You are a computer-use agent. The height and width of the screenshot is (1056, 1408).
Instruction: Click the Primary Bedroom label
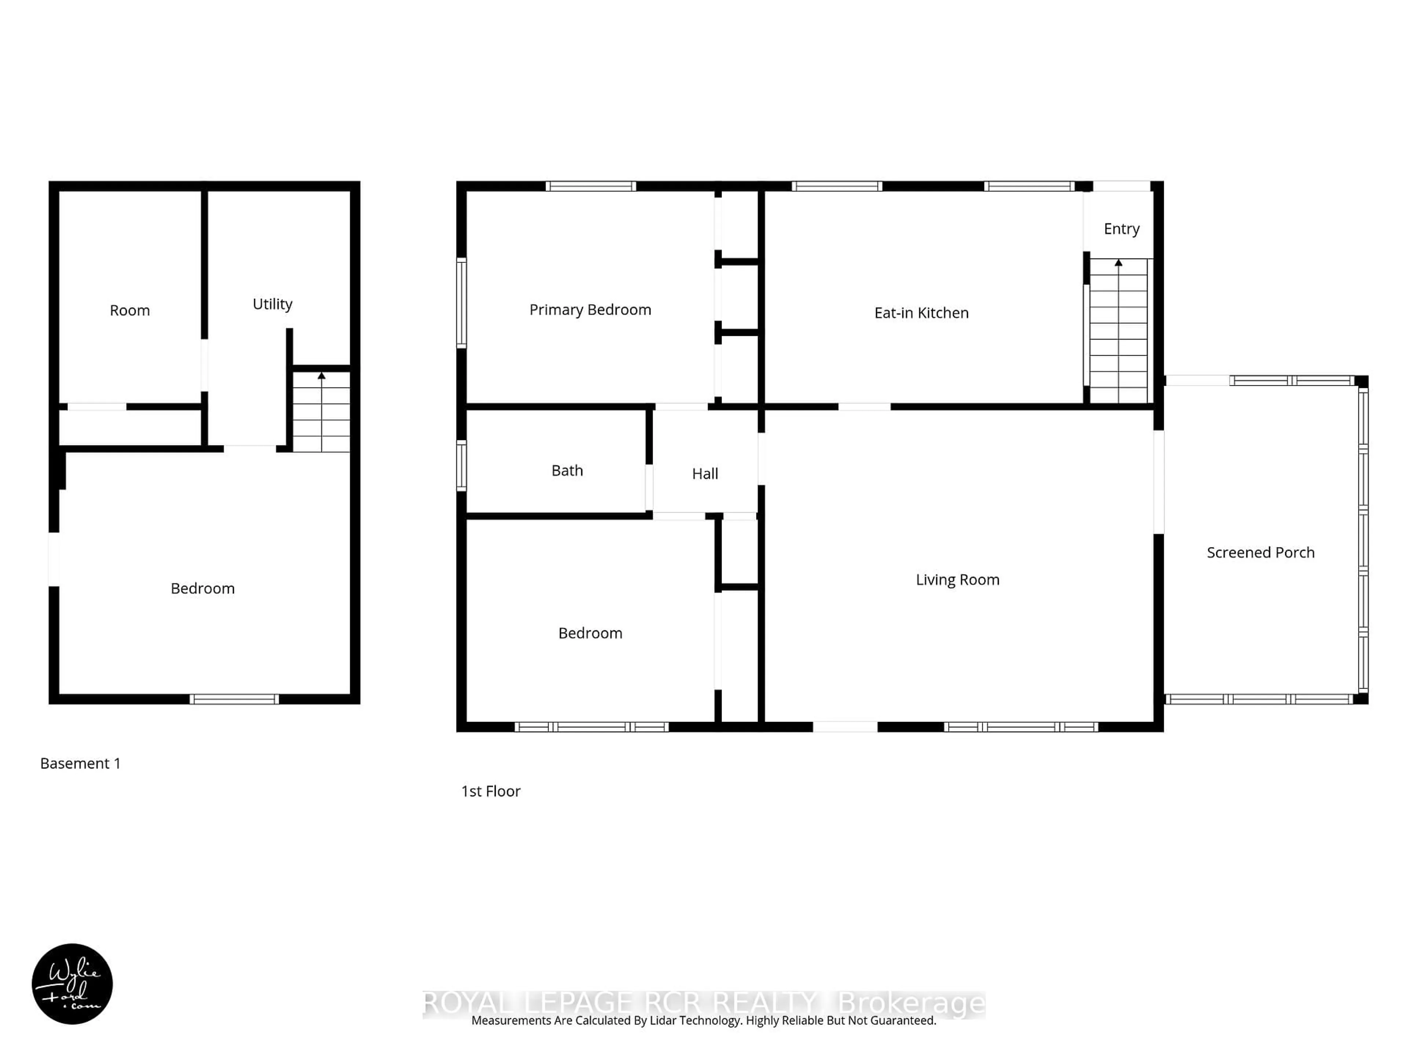[590, 310]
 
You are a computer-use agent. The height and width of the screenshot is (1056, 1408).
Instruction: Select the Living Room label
[957, 580]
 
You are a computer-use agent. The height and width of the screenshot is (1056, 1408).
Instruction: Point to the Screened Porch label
[1260, 553]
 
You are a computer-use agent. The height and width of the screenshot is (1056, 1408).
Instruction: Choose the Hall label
[705, 474]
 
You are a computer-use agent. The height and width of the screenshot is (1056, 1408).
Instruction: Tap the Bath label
[566, 470]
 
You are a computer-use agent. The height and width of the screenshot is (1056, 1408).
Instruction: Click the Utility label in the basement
[272, 304]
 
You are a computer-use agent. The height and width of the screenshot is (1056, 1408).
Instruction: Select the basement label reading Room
[130, 311]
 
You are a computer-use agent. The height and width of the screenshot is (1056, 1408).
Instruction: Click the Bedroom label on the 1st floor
[590, 633]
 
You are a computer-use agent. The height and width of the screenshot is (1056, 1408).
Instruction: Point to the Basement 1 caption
[80, 763]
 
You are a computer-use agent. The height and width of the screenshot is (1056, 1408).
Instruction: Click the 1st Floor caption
[491, 791]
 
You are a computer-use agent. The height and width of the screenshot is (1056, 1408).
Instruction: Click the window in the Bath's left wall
[462, 465]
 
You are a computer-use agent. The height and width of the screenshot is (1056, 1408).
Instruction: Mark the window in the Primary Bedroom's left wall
[462, 302]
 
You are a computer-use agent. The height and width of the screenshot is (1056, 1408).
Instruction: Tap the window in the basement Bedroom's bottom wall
[234, 699]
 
